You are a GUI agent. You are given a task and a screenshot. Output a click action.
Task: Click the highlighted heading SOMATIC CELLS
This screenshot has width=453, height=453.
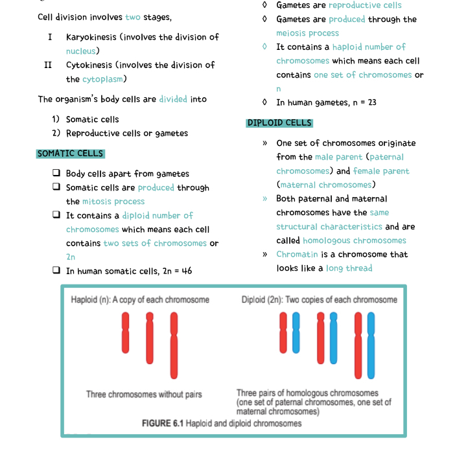click(70, 154)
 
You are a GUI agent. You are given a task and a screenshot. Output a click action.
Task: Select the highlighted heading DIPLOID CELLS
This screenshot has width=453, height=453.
click(279, 123)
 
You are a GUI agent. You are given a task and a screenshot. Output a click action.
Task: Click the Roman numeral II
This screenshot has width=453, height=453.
click(48, 65)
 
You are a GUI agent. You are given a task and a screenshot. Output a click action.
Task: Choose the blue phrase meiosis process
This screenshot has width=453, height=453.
click(307, 33)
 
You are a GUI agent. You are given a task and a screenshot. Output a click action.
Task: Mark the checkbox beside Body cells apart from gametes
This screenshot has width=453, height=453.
click(57, 174)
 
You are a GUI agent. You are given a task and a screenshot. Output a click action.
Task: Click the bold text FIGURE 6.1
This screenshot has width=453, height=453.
click(163, 423)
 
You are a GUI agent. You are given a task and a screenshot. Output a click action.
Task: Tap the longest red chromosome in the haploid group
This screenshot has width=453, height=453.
click(173, 345)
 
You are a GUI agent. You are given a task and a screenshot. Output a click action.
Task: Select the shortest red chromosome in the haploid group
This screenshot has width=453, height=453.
click(126, 332)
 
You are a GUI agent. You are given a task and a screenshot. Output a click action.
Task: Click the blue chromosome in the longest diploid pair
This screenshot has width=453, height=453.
click(371, 345)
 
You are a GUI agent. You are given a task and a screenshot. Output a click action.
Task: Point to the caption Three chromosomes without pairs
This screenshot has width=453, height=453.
click(144, 394)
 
